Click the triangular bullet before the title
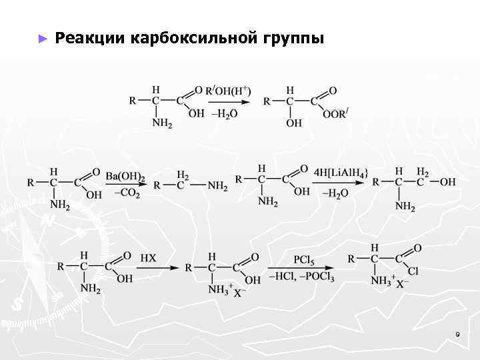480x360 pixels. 43,39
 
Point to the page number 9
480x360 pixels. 457,333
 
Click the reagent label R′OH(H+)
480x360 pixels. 228,91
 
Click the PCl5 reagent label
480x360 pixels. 305,258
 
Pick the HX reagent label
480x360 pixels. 148,258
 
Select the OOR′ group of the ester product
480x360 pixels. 335,113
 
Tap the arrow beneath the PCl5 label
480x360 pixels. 303,267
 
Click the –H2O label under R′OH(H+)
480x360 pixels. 224,113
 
